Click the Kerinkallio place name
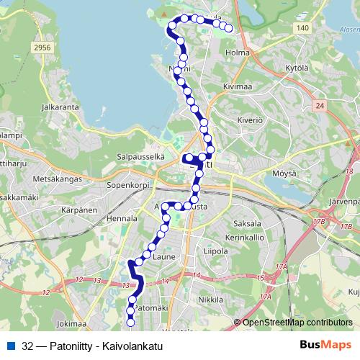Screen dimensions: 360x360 point(246,236)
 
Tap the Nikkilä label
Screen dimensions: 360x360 point(211,298)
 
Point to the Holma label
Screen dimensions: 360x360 point(237,53)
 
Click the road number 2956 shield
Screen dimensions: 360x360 point(42,47)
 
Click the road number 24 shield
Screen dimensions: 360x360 point(320,106)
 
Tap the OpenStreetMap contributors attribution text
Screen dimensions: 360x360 point(297,323)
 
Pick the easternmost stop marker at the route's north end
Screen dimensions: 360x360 point(229,28)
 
